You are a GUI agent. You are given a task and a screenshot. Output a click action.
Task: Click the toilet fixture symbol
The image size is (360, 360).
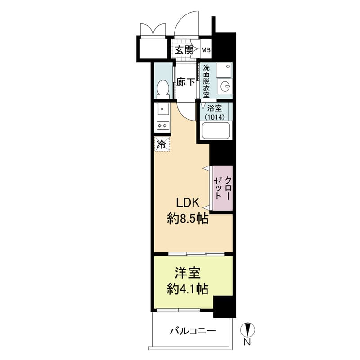pos(163,89)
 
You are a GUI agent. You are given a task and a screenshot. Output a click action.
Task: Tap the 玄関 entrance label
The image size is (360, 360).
pos(184,50)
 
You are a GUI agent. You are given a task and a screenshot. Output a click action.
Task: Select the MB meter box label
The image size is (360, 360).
pos(206,50)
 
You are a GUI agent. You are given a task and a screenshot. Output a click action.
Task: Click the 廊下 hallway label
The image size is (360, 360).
pos(186,82)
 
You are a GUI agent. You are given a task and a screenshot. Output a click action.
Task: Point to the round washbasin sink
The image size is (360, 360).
pos(225,86)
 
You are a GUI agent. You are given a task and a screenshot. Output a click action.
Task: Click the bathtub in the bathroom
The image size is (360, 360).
pos(216,130)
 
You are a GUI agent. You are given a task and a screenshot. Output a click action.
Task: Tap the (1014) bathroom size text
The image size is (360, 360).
pos(215,117)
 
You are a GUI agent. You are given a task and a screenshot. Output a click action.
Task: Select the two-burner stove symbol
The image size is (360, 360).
pos(163,126)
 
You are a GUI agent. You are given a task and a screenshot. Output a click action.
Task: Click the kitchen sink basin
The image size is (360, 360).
pos(163,109)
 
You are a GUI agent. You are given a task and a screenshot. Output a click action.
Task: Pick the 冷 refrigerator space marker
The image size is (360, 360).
pos(162,144)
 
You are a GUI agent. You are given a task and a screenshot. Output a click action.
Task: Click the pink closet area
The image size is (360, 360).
pos(223,188)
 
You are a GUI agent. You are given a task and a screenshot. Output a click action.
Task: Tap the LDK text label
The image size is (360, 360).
pos(187,203)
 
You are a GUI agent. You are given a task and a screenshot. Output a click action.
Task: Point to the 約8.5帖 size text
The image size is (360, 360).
pos(188,218)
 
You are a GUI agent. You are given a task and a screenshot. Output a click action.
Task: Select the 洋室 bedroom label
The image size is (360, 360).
pos(188,273)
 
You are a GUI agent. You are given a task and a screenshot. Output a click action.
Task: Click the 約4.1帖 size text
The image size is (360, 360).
pos(188,289)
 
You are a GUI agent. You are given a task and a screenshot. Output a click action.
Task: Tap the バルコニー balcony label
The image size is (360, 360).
pos(193,331)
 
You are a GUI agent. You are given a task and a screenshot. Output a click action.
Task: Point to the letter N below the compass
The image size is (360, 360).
pos(247,342)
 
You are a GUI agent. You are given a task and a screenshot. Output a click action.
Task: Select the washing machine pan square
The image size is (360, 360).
pos(224,70)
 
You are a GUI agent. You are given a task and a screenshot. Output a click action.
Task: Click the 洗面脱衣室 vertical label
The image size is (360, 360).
pos(207,81)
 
